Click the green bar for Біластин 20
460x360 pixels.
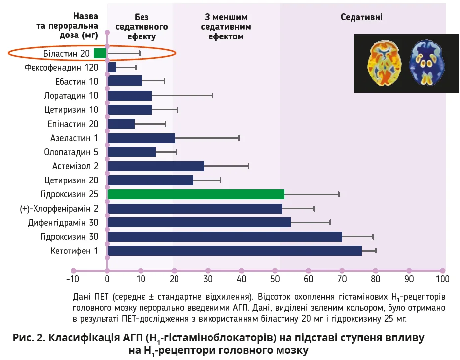coord(100,53)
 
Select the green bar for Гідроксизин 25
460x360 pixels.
coord(196,194)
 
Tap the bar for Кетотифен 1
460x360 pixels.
coord(234,251)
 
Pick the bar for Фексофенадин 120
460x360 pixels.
coord(112,68)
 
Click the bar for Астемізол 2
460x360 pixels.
coord(155,166)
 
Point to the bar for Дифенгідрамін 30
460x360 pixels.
coord(199,223)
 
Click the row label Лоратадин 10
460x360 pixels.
coord(71,96)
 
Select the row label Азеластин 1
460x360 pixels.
coord(74,138)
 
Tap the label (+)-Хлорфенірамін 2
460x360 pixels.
coord(59,209)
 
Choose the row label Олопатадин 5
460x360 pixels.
coord(71,152)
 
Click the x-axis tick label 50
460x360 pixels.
coord(275,279)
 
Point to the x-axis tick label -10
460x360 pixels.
coord(73,279)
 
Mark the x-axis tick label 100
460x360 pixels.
coord(442,279)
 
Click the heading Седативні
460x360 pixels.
coord(362,17)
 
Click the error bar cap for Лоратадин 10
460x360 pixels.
coord(212,96)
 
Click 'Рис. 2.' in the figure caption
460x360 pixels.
coord(28,339)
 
